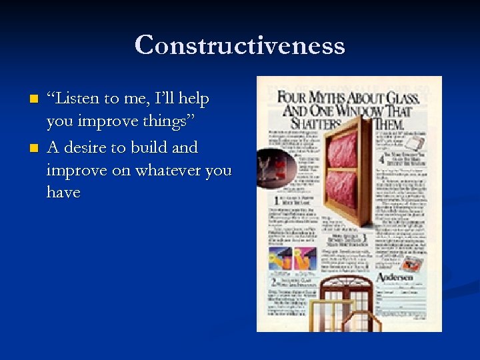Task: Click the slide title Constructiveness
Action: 239,45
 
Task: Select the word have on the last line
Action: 63,193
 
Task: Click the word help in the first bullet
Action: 191,99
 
